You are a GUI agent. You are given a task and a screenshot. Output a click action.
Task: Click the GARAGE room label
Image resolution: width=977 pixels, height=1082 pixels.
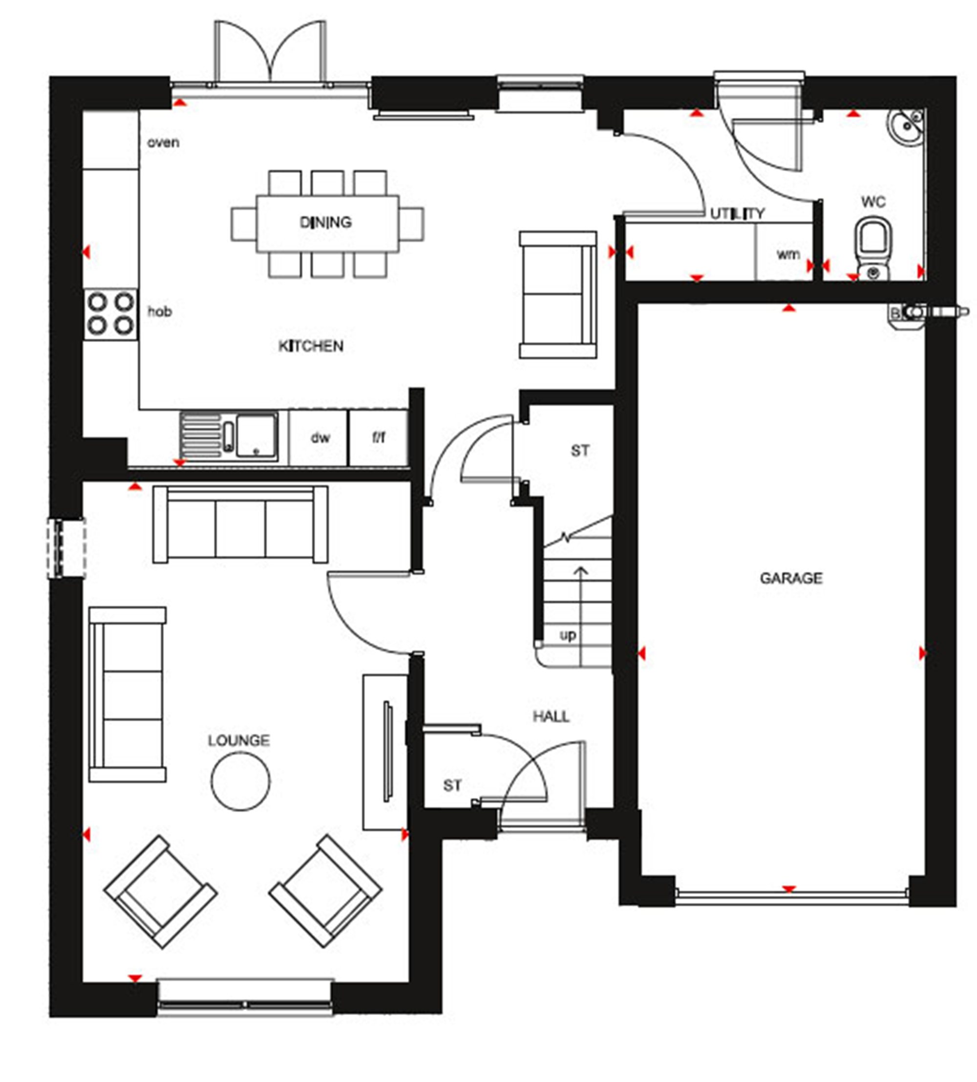point(790,578)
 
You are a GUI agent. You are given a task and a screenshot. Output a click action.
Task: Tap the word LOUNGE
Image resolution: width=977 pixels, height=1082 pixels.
point(238,741)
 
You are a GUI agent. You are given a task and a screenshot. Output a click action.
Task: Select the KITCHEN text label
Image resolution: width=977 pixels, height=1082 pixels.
point(311,346)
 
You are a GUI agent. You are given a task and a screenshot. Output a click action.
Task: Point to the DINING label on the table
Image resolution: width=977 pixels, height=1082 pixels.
point(326,222)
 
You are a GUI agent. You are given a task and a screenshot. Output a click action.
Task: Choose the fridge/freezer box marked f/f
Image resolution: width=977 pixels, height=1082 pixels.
point(379,437)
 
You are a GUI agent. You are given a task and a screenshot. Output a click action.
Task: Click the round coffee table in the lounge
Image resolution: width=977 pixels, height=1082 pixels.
point(240,781)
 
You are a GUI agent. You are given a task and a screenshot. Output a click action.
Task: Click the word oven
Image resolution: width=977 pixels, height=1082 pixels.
point(163,143)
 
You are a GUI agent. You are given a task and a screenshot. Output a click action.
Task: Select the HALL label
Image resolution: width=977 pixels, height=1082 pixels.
point(551,716)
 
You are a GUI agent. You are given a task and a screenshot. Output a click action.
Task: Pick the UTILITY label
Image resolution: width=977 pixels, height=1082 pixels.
point(737,214)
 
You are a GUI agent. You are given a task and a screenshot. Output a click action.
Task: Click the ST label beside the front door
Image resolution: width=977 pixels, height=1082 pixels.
point(452,786)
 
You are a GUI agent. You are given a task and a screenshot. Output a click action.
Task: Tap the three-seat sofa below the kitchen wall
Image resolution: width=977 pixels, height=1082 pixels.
point(240,524)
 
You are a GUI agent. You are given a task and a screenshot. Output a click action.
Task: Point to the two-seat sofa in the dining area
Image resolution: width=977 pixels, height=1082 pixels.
point(558,295)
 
